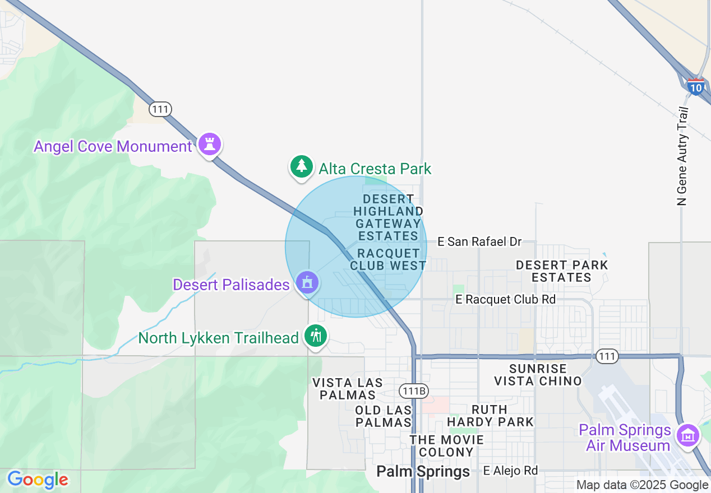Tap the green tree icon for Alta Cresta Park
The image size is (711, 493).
302,166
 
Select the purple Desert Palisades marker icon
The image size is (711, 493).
307,282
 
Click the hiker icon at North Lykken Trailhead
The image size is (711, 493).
316,336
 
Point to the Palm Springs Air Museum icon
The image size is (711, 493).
688,435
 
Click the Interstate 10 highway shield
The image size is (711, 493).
695,86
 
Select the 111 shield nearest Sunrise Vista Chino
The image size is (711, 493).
607,356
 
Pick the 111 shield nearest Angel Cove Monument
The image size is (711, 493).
160,109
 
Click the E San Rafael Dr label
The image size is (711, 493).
479,241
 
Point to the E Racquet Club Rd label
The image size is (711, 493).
505,300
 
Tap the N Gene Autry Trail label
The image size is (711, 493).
682,156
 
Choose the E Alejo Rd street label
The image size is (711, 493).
510,471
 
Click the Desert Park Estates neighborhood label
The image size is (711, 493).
561,271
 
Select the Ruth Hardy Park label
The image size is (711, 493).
490,415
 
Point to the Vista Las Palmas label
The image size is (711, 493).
348,389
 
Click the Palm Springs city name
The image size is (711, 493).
423,471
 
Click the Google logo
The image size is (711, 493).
38,480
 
